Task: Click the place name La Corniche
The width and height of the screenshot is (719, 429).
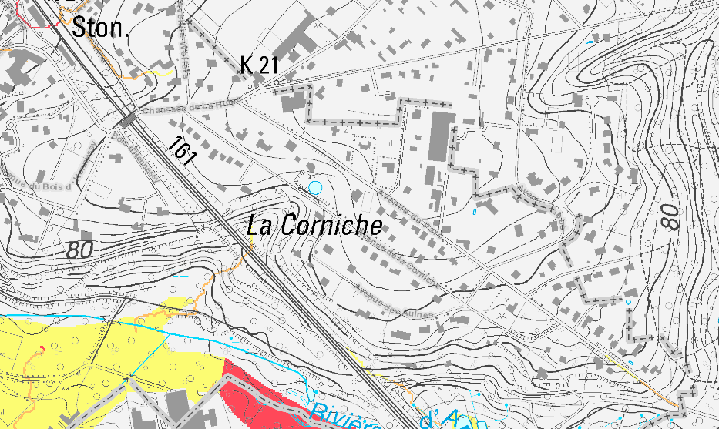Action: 314,225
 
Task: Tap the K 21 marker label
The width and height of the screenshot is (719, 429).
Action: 258,65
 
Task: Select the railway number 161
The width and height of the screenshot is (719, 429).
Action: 182,149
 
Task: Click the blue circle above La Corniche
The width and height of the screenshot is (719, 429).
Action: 314,187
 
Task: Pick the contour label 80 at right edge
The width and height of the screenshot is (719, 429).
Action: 671,216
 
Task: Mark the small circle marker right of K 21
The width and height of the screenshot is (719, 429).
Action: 276,79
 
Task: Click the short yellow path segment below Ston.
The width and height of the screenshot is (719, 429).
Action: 158,73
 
